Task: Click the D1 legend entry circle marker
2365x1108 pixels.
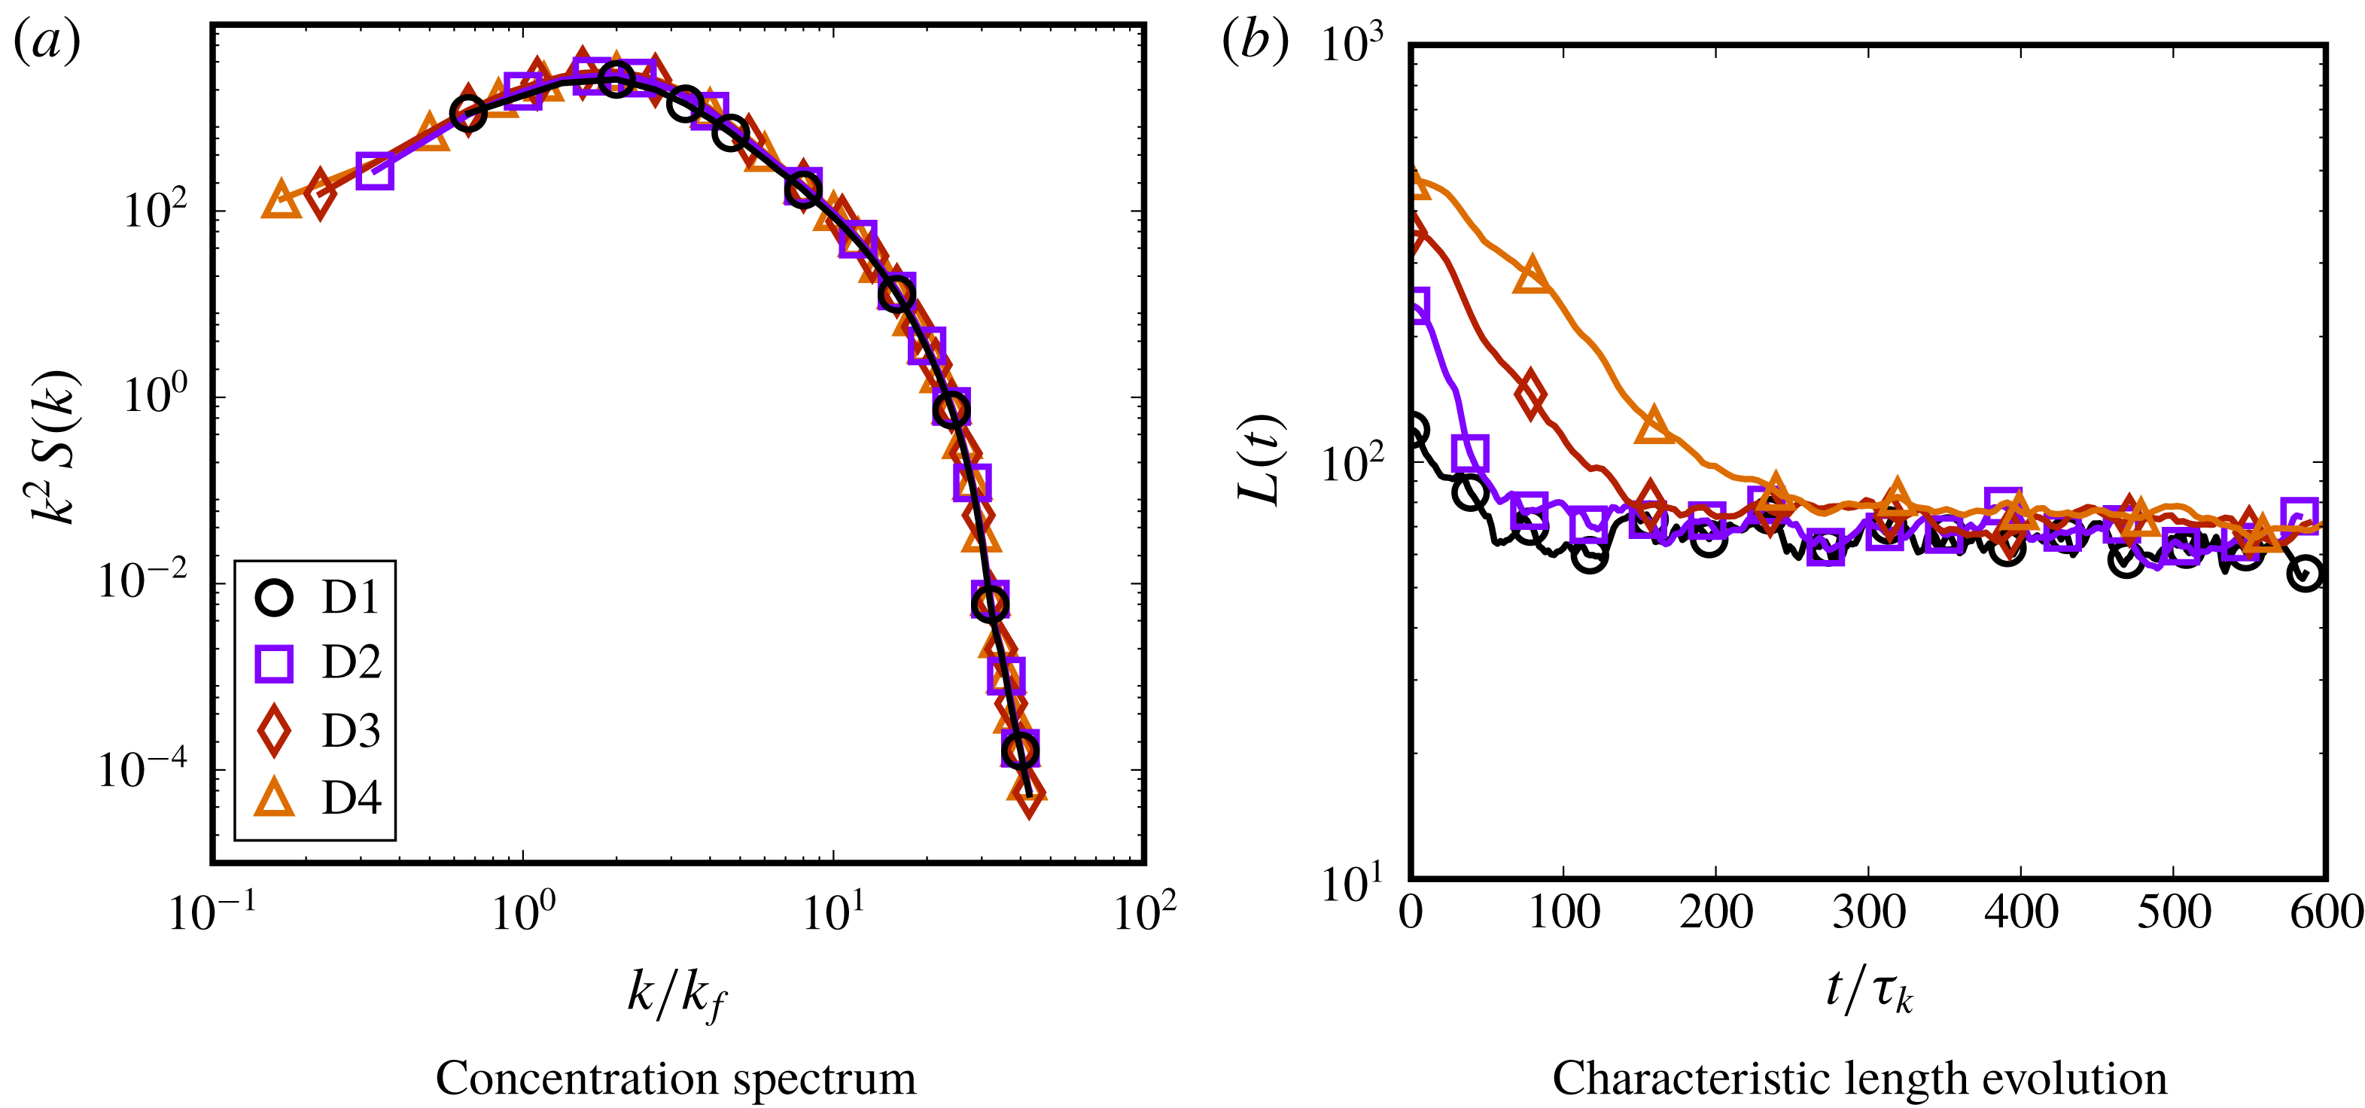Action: [x=273, y=597]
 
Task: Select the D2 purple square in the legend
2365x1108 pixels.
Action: [x=273, y=663]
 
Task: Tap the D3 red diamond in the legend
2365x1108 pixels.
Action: [x=273, y=731]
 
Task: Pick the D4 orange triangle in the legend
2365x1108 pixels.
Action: [x=273, y=797]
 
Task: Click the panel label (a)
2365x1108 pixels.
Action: [x=46, y=43]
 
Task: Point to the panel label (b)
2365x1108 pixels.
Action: [x=1254, y=43]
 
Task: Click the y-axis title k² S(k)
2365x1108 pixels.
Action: [x=55, y=447]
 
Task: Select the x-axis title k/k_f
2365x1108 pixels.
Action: [x=676, y=994]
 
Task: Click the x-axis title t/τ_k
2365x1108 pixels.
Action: [x=1868, y=991]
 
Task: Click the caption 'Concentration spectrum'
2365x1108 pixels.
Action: [x=676, y=1078]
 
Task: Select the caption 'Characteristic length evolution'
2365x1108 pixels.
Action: [x=1859, y=1078]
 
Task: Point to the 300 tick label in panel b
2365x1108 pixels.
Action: [x=1868, y=912]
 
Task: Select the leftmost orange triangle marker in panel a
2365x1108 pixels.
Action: [x=281, y=200]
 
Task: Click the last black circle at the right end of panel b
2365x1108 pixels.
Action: [x=2306, y=574]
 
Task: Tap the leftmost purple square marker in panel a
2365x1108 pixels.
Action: [x=376, y=171]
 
